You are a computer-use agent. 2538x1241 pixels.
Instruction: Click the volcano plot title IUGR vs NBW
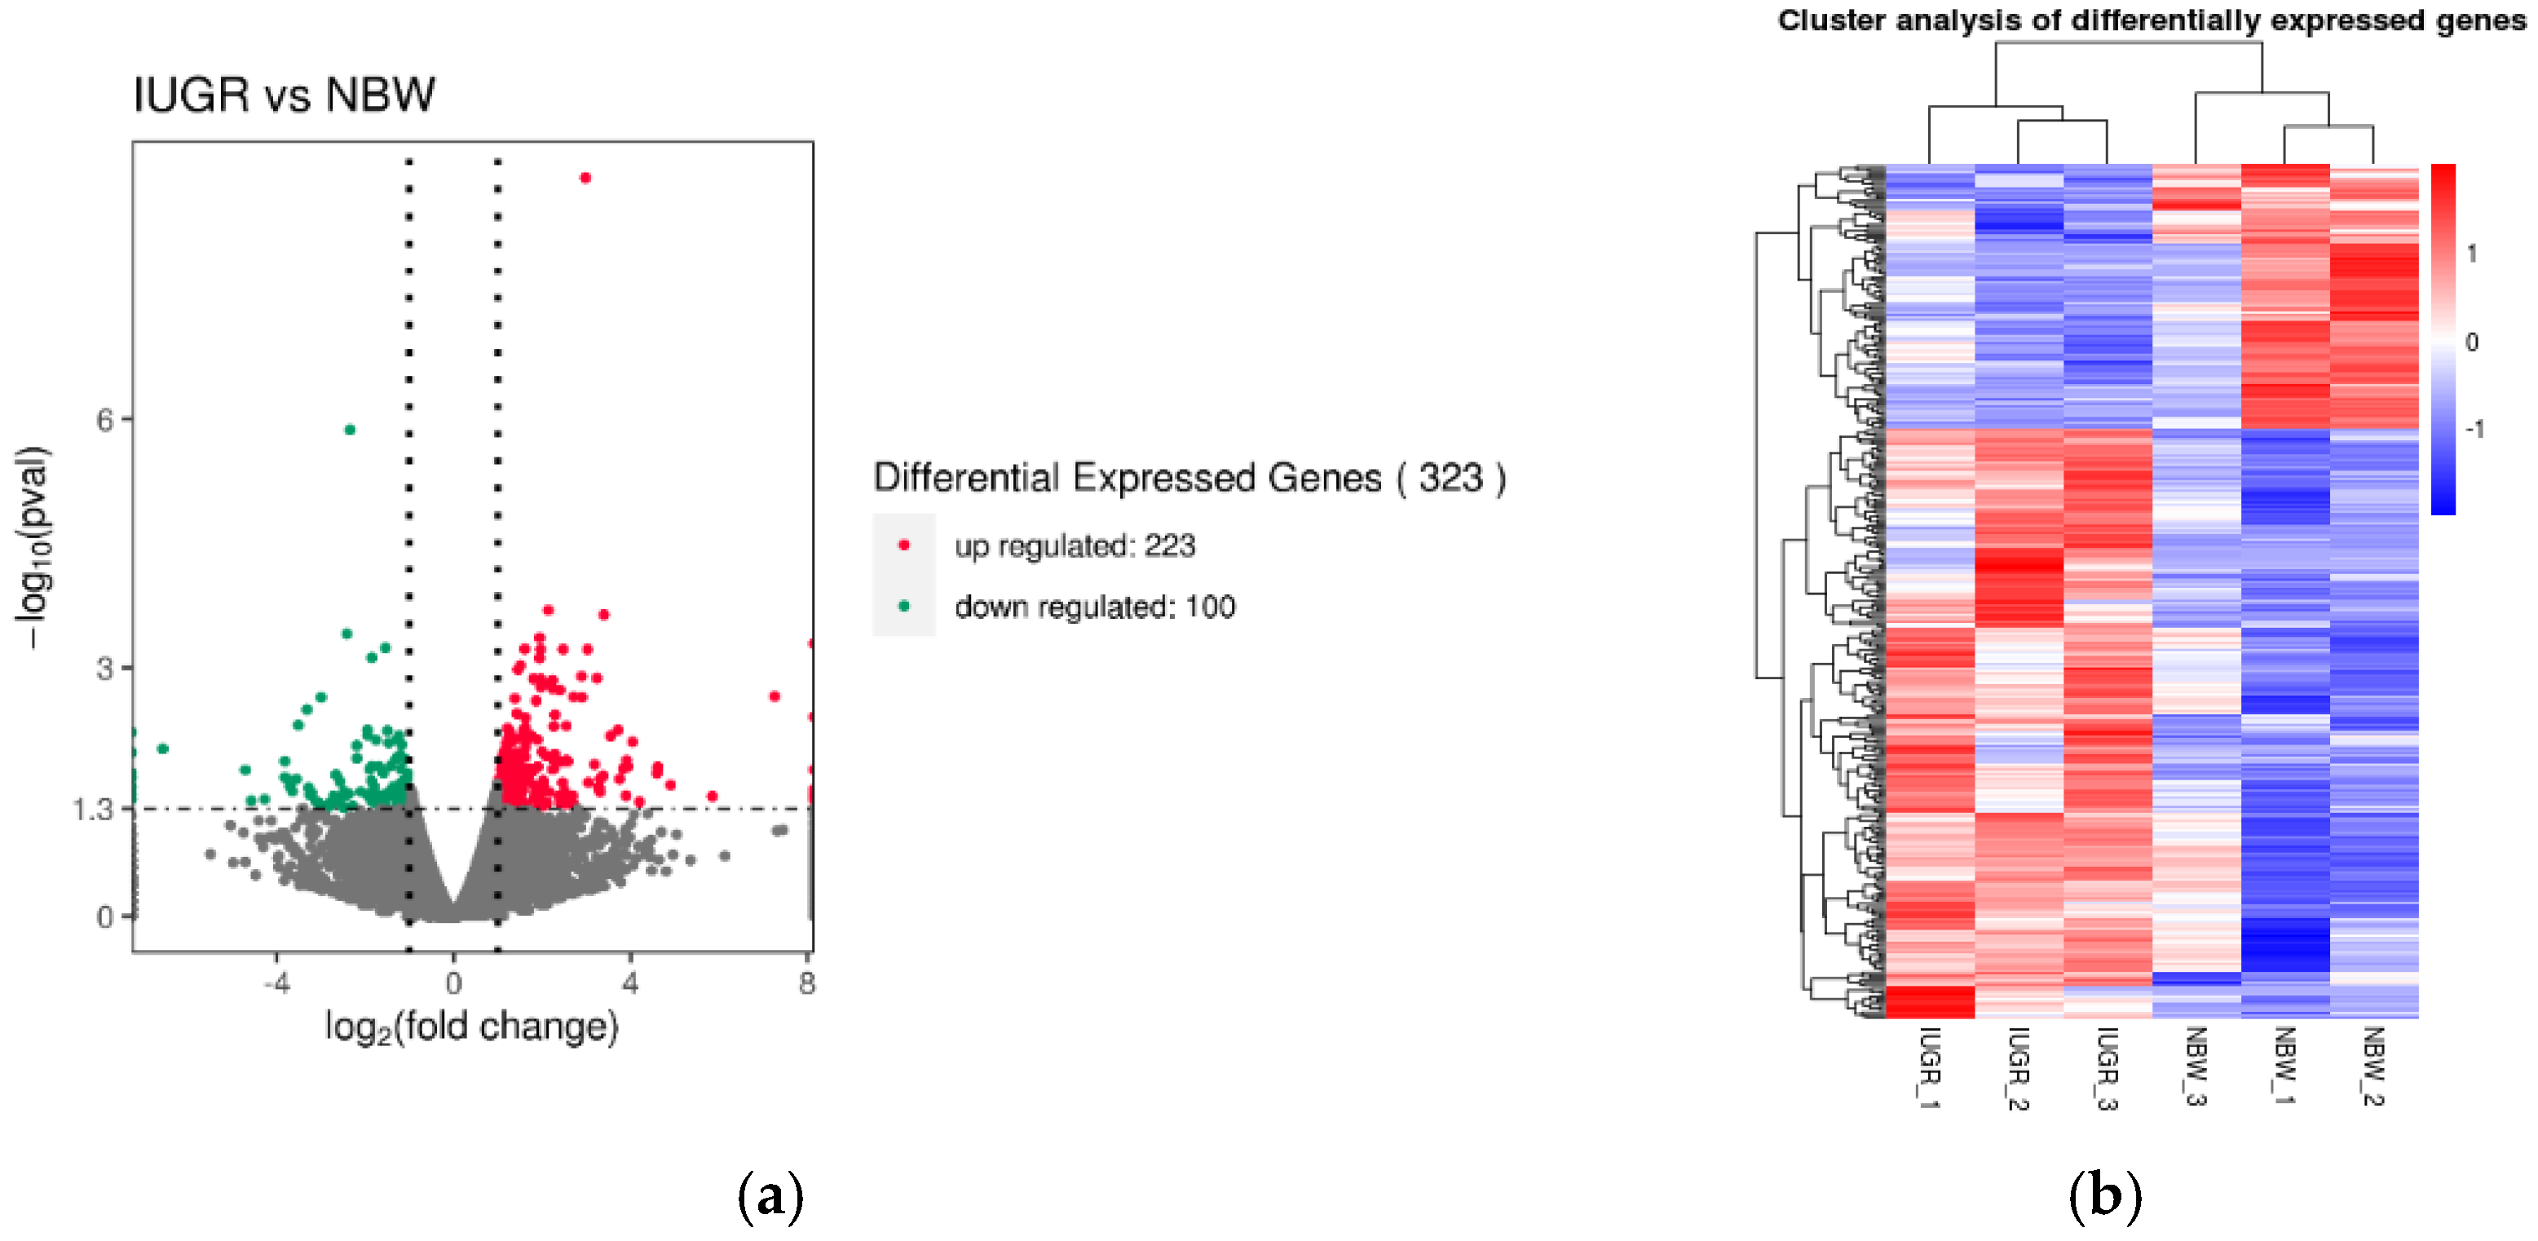(x=284, y=95)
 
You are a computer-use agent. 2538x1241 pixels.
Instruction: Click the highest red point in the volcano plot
(x=585, y=179)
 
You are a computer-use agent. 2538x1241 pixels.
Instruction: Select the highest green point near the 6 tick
(x=350, y=430)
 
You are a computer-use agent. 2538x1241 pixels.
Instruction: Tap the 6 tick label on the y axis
(x=104, y=421)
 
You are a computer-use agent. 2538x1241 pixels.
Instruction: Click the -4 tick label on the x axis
(x=277, y=983)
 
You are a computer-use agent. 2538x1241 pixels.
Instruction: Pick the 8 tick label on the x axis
(x=807, y=983)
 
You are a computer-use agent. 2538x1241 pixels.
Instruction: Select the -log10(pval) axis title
(x=33, y=547)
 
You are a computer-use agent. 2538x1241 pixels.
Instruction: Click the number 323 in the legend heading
(x=1450, y=478)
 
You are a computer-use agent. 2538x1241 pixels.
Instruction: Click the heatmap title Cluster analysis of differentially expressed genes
(x=2152, y=20)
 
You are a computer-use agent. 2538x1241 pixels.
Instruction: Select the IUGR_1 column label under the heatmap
(x=1929, y=1068)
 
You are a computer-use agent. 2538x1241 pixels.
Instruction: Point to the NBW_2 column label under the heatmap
(x=2373, y=1067)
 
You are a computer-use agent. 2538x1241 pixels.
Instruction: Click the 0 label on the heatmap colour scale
(x=2471, y=342)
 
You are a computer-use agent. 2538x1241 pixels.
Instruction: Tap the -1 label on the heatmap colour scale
(x=2474, y=430)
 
